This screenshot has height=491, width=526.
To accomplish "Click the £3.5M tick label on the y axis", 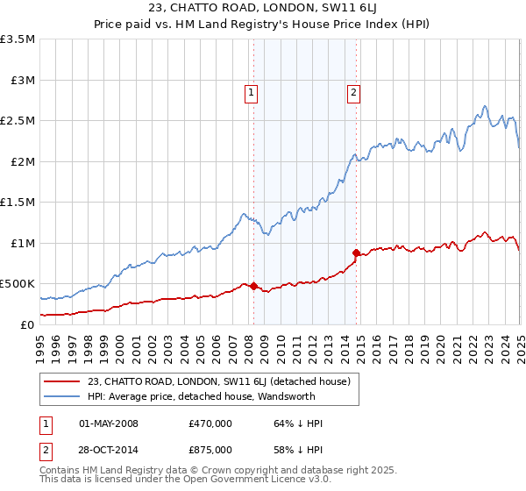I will click(18, 39).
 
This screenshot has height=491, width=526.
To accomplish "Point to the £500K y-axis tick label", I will click(18, 284).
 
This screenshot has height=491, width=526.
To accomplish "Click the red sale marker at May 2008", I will click(253, 286).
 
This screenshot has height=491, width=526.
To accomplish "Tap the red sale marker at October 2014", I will click(357, 253).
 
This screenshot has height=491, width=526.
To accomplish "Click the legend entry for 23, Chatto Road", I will click(219, 381).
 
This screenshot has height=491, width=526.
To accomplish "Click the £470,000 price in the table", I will click(210, 423).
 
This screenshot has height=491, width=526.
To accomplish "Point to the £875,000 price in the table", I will click(210, 450).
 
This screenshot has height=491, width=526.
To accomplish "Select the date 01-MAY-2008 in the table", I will click(109, 423).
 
